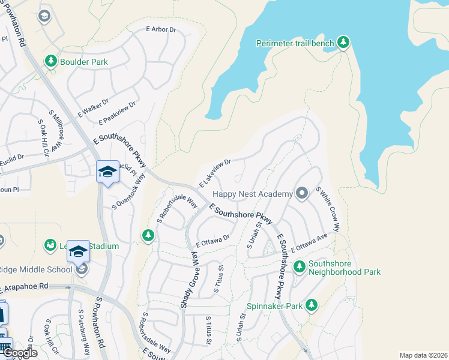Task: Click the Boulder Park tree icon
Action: [x=50, y=61]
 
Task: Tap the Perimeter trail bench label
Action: [x=294, y=43]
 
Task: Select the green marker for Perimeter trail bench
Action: [x=343, y=42]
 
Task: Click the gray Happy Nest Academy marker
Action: [x=302, y=193]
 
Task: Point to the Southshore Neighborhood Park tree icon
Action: [x=299, y=266]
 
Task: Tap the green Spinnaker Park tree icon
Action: [x=311, y=305]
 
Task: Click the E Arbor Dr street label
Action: [x=161, y=29]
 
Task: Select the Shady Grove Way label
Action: [x=190, y=280]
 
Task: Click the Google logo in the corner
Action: [x=19, y=353]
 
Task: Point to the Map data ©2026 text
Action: [x=423, y=355]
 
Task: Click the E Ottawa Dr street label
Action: [x=213, y=241]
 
